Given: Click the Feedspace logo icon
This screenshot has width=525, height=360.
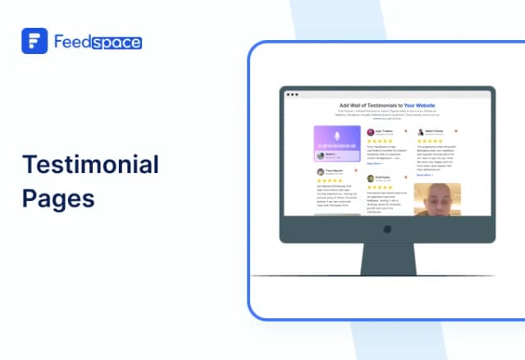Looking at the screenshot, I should coord(34,40).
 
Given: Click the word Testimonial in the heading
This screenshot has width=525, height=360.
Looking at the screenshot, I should coord(90,164).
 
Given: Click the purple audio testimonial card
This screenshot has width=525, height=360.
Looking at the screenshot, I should coord(337,144).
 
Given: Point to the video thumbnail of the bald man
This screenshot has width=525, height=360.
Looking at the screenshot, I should coord(436,199).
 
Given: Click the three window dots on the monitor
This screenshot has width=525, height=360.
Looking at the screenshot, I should coord(290,95).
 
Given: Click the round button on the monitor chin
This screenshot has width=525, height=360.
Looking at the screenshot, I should coord(386,230).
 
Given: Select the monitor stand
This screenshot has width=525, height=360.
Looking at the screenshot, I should coord(386,258).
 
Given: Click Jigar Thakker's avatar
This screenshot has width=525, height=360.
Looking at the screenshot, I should coord(370,131).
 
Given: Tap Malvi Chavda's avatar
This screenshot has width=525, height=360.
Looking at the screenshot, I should coord(420,131).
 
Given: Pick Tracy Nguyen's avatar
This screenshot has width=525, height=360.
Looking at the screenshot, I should coord(321,171).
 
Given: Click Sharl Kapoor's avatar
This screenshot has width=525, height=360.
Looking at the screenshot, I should coord(370,178).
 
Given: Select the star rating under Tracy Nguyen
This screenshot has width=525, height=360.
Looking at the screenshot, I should coord(330,180).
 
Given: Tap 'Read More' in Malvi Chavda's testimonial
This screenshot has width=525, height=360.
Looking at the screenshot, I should coord(424,174).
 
